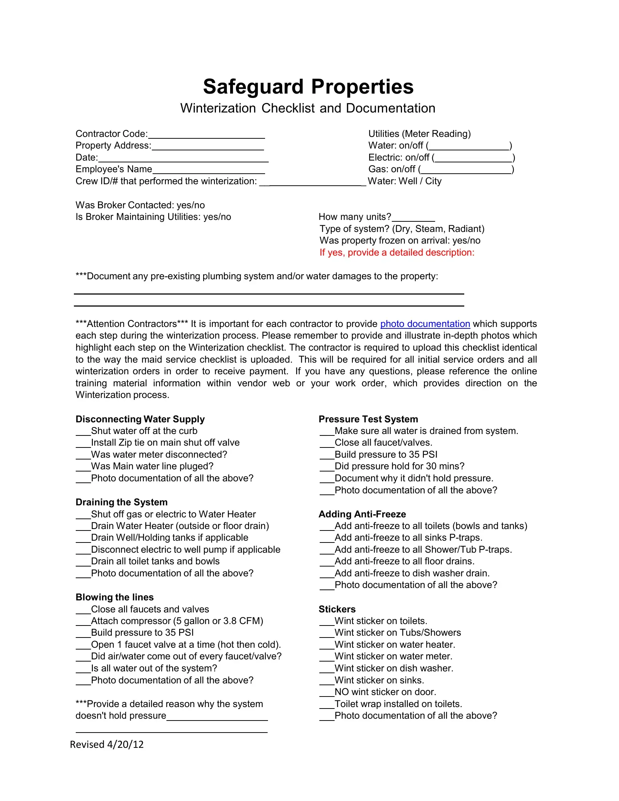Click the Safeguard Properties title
(308, 87)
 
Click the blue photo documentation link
(425, 324)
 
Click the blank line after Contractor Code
(206, 135)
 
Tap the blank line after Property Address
(208, 147)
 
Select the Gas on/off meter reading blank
(466, 170)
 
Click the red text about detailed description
(397, 252)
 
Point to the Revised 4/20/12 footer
(107, 744)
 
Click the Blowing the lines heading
(114, 597)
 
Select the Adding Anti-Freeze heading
(362, 514)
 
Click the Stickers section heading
(337, 609)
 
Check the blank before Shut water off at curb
(83, 433)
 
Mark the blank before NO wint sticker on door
(327, 694)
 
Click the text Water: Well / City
(405, 181)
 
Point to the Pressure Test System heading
(368, 419)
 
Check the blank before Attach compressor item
(83, 622)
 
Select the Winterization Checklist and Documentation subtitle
(307, 108)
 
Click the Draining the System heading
(121, 502)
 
